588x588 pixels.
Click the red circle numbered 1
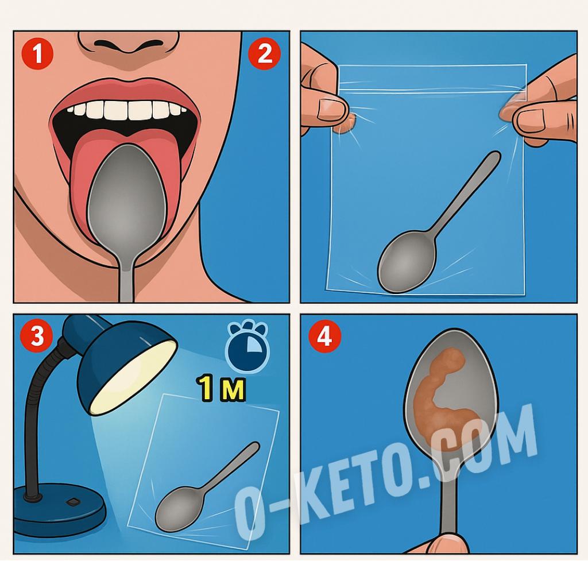coord(37,53)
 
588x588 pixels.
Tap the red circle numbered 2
coord(265,53)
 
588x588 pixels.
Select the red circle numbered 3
coord(37,335)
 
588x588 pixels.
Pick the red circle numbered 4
coord(325,336)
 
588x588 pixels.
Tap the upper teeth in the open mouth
coord(127,110)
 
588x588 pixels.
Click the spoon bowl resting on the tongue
coord(127,199)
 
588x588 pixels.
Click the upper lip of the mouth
coord(126,91)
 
